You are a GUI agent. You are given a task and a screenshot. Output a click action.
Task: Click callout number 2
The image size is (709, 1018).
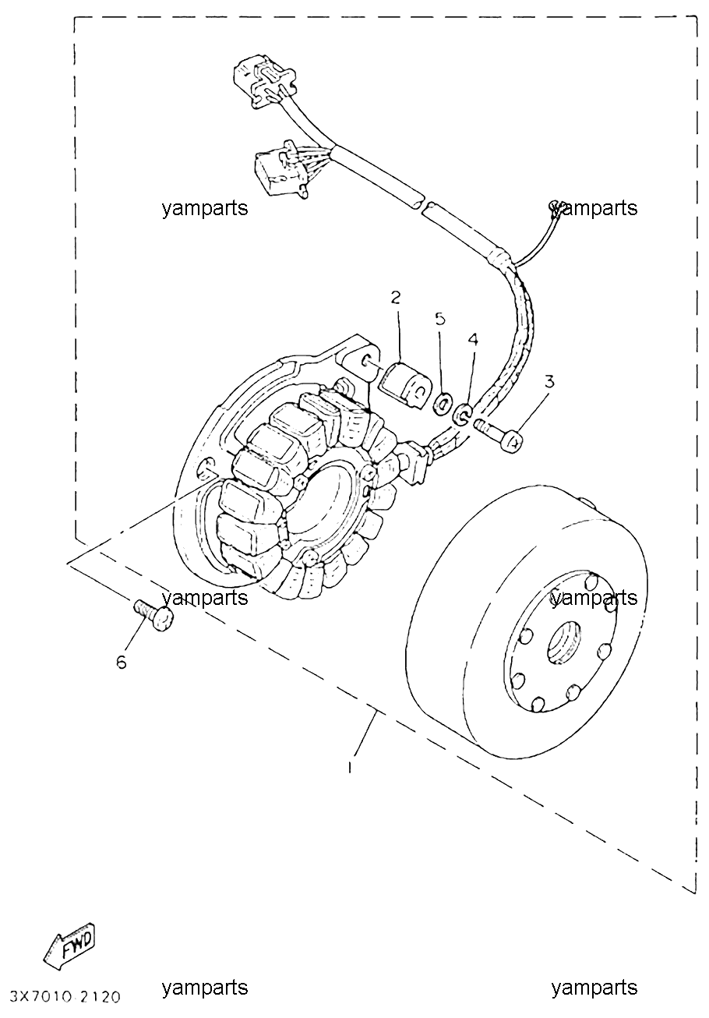pyautogui.click(x=395, y=298)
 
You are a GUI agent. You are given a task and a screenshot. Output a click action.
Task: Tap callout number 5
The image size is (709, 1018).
pyautogui.click(x=440, y=319)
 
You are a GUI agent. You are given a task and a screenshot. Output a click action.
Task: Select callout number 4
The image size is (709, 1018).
pyautogui.click(x=473, y=339)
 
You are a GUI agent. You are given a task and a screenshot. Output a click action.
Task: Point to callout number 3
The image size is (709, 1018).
pyautogui.click(x=549, y=381)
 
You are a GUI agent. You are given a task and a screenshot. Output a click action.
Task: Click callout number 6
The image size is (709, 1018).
pyautogui.click(x=122, y=663)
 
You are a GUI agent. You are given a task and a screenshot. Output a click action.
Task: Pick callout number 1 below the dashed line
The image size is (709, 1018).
pyautogui.click(x=350, y=768)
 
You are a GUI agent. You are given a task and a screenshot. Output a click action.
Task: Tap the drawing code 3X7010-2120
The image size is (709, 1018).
pyautogui.click(x=66, y=998)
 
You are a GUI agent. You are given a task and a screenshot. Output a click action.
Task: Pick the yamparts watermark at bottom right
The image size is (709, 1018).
pyautogui.click(x=594, y=987)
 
